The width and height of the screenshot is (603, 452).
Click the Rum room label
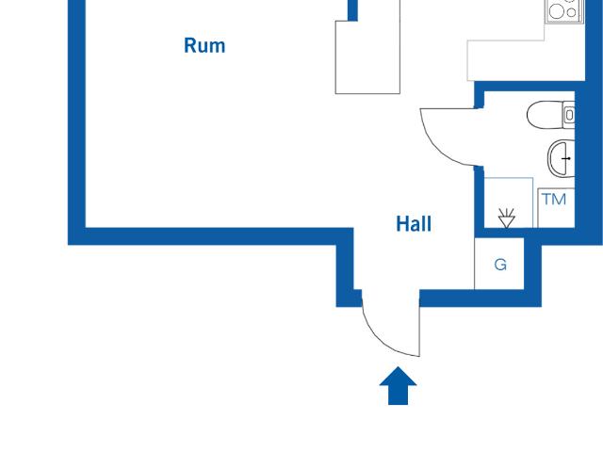click(x=204, y=45)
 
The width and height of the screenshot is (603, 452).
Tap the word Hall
click(x=414, y=224)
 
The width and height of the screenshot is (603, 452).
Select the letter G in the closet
click(x=500, y=265)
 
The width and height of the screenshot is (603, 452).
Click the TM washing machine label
click(x=554, y=199)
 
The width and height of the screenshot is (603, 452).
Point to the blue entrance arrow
click(x=399, y=386)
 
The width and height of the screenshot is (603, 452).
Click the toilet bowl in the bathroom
click(x=544, y=115)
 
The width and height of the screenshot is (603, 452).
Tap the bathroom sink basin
click(x=560, y=158)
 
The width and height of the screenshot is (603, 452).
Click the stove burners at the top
click(x=562, y=9)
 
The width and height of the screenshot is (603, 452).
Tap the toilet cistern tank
click(x=569, y=115)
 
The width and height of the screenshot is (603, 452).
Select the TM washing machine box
click(x=554, y=208)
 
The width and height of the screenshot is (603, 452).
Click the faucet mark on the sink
click(x=568, y=159)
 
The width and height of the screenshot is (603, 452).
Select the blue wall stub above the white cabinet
click(x=353, y=9)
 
